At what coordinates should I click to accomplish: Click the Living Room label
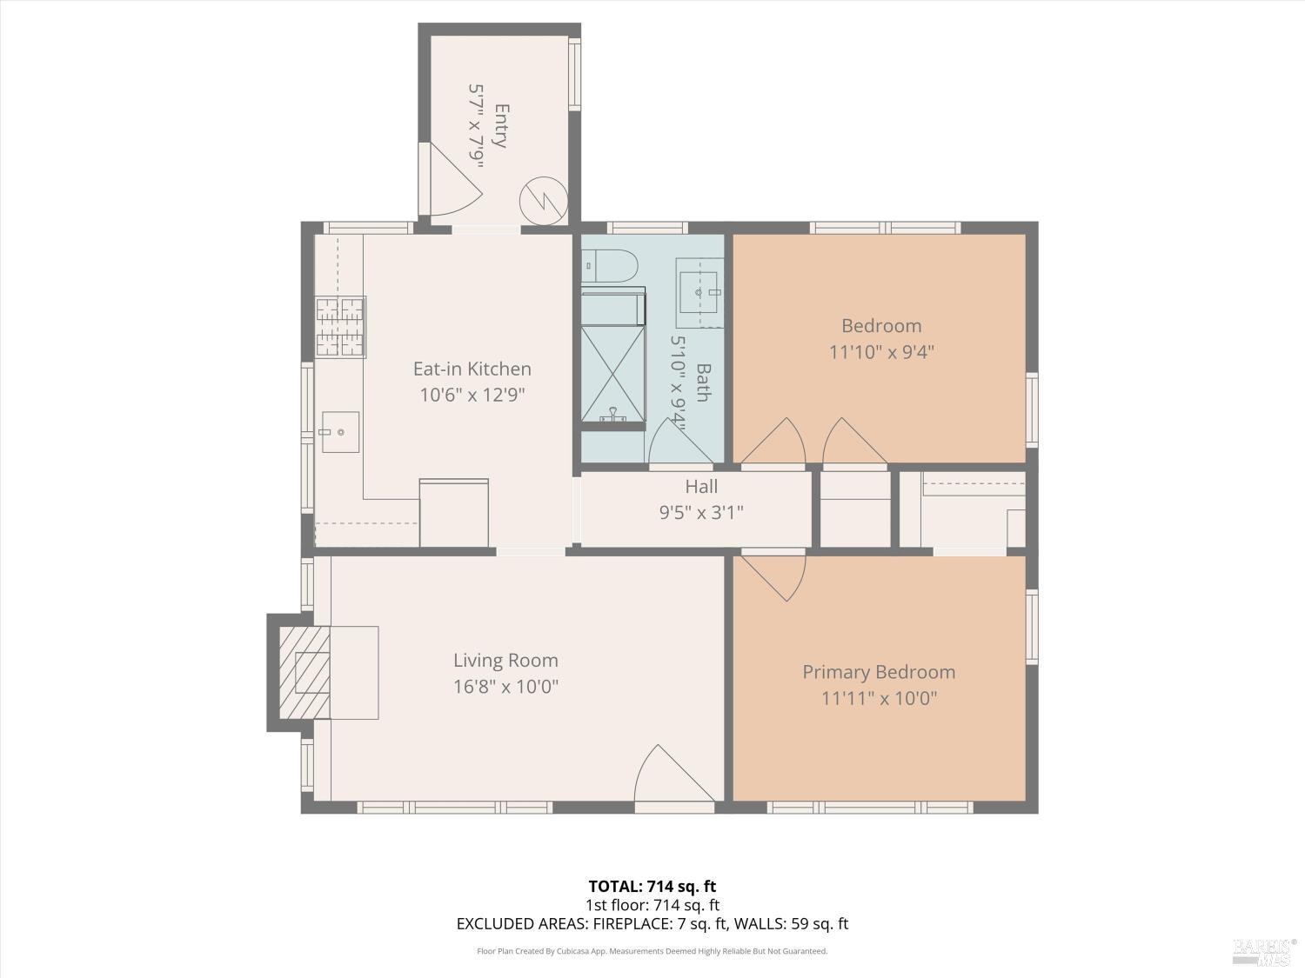[505, 661]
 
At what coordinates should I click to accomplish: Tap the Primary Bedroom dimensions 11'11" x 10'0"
[880, 698]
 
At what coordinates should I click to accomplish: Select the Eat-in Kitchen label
[472, 369]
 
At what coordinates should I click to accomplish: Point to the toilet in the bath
[609, 266]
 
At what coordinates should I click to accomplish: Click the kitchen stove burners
[340, 327]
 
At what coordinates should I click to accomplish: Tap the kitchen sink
[340, 432]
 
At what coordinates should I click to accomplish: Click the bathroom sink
[699, 293]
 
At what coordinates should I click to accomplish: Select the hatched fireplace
[304, 672]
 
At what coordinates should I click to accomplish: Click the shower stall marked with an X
[613, 374]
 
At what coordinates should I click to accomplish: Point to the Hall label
[701, 487]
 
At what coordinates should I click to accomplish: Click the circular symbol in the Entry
[544, 201]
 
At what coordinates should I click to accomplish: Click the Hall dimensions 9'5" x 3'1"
[701, 512]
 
